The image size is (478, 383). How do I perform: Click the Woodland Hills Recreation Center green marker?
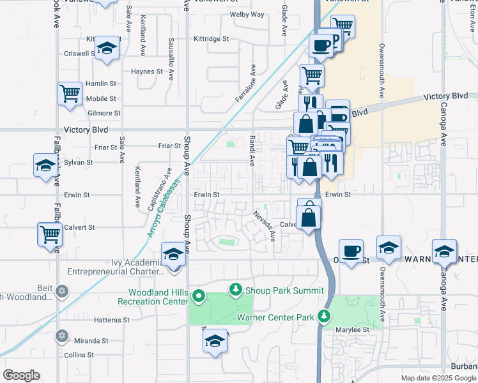[x=198, y=296]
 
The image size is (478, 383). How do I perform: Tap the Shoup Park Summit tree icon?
[x=236, y=290]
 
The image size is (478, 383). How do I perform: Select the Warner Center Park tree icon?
[x=325, y=316]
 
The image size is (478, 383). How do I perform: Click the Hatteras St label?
[x=112, y=320]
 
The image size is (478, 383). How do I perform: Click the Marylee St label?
[x=353, y=330]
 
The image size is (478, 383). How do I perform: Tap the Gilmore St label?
[x=104, y=113]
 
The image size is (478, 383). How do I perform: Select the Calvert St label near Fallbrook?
[x=79, y=227]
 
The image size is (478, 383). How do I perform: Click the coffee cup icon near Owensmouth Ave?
[x=351, y=251]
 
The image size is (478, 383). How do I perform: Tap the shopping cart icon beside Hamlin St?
[x=70, y=94]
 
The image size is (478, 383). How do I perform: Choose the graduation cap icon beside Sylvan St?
[x=45, y=165]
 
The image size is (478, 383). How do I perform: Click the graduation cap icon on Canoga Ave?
[x=444, y=250]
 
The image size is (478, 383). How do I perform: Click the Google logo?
[x=22, y=375]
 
